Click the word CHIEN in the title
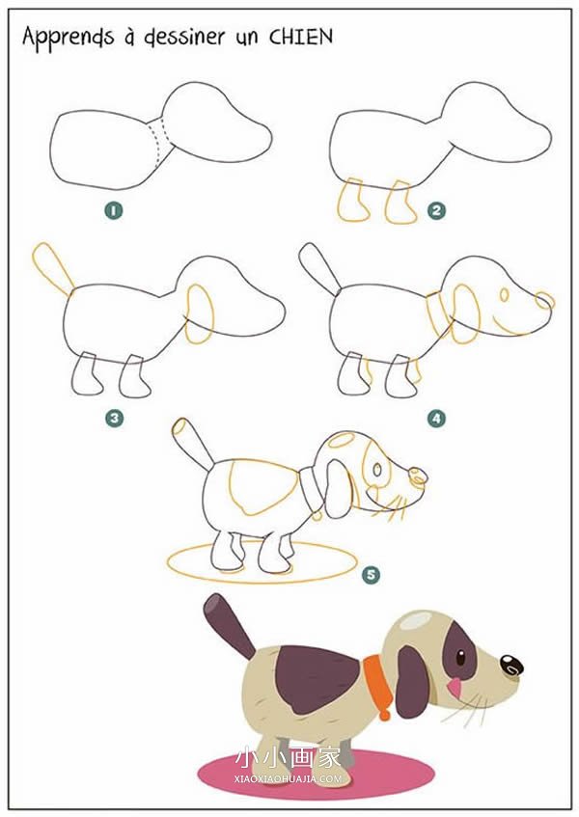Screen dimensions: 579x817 pos(301,37)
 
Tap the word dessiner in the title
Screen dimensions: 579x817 pos(185,38)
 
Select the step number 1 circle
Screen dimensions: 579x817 pos(114,210)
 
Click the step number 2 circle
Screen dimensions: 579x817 pos(436,210)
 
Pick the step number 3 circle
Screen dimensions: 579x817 pos(114,418)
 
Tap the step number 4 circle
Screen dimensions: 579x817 pos(436,418)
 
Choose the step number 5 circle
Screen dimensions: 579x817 pos(371,575)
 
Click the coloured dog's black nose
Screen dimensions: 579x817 pos(511,666)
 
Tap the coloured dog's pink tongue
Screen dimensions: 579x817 pos(455,688)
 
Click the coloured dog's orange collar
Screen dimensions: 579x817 pos(377,683)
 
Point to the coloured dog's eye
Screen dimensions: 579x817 pos(460,657)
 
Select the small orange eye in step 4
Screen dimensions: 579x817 pos(504,295)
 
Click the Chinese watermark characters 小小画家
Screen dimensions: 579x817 pos(289,758)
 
